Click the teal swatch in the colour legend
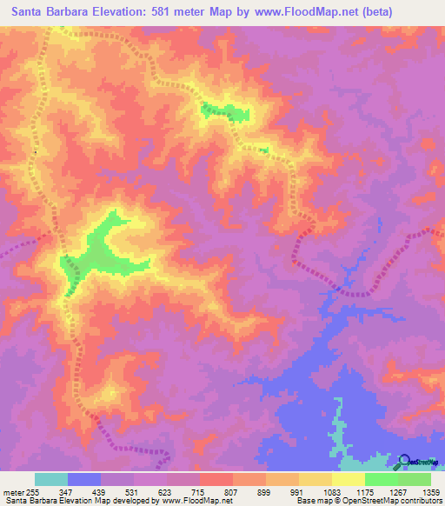[51, 479]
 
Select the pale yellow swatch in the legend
[349, 479]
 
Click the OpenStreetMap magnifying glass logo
[404, 462]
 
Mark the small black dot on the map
[35, 153]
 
